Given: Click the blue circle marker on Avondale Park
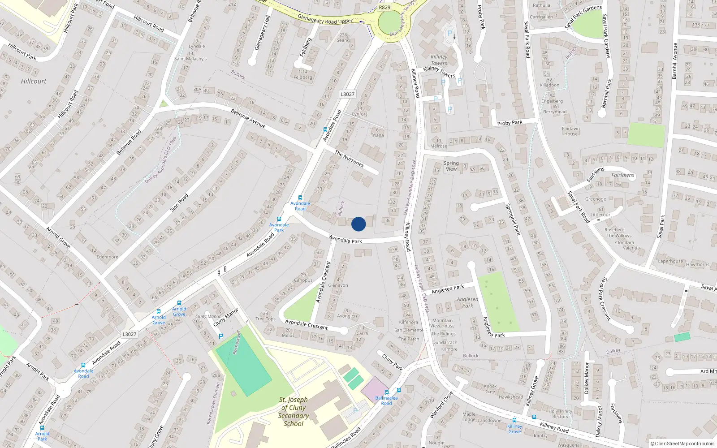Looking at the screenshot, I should click(358, 224).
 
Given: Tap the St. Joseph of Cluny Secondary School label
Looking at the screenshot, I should click(294, 411).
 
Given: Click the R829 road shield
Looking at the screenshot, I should click(384, 7).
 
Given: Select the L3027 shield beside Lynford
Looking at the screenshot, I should click(347, 94).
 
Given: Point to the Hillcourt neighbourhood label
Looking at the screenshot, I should click(34, 81).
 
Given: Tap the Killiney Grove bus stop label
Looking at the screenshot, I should click(514, 429).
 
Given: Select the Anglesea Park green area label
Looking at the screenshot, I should click(467, 302).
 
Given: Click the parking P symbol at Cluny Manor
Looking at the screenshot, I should click(220, 336).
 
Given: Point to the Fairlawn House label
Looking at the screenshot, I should click(570, 131).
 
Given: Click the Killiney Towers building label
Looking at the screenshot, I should click(439, 60).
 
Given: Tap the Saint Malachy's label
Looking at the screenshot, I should click(190, 59).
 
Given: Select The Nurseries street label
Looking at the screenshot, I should click(349, 159).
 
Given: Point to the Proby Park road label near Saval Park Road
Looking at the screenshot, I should click(510, 123).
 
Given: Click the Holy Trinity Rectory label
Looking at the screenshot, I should click(560, 414).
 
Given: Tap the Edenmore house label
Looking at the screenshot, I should click(108, 257).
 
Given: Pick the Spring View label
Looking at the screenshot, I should click(451, 166).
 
